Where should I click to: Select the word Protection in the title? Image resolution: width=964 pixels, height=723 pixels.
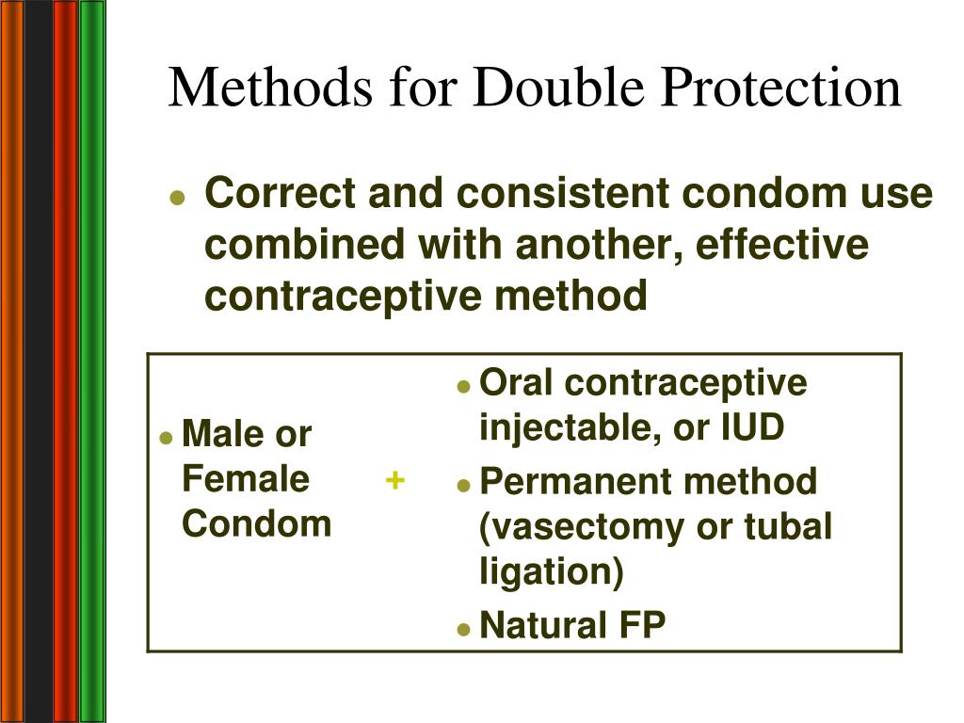(x=784, y=88)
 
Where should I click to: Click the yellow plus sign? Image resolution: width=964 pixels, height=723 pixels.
(x=395, y=480)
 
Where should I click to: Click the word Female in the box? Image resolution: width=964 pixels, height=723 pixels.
(x=246, y=479)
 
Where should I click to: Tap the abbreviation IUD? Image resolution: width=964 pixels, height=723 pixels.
(x=751, y=428)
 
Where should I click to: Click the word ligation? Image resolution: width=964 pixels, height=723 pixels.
(x=552, y=572)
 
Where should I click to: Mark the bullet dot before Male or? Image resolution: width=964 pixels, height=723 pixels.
(x=166, y=437)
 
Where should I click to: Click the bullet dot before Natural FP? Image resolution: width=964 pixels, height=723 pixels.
(x=463, y=628)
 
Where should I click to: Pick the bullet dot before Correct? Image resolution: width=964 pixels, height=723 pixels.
(x=176, y=198)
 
